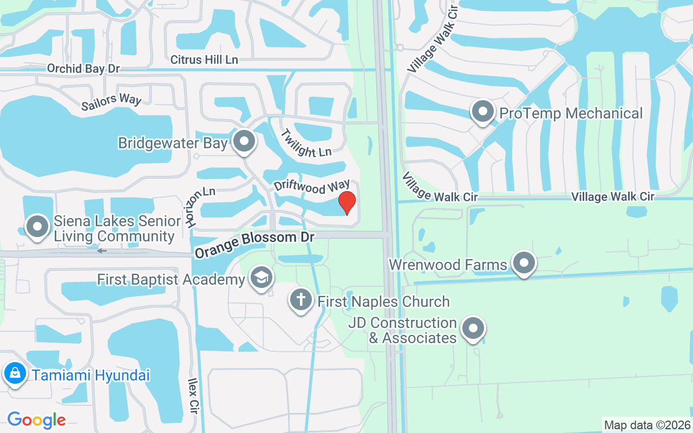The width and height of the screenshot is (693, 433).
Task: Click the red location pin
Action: point(346,202)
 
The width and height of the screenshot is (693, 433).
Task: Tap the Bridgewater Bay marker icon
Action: point(244,141)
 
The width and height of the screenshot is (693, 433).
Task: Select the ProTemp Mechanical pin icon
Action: point(482,113)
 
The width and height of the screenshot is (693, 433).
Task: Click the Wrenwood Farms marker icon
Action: point(524,264)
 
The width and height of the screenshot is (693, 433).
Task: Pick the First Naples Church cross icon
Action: point(301,300)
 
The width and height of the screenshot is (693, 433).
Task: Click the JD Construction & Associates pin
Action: point(473,329)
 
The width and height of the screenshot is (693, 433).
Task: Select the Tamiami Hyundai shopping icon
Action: point(15,373)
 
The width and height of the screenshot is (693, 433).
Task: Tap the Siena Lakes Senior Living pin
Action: point(37,227)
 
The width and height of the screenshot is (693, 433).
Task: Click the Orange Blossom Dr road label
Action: point(254,243)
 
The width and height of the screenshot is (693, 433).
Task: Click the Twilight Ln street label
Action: point(306,143)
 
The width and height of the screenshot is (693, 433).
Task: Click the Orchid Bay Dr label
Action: point(83,69)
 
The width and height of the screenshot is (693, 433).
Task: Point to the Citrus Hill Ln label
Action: point(204,60)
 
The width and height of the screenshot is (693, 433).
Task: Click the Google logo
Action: point(36,419)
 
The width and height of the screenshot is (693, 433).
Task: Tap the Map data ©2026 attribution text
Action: point(647,425)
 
